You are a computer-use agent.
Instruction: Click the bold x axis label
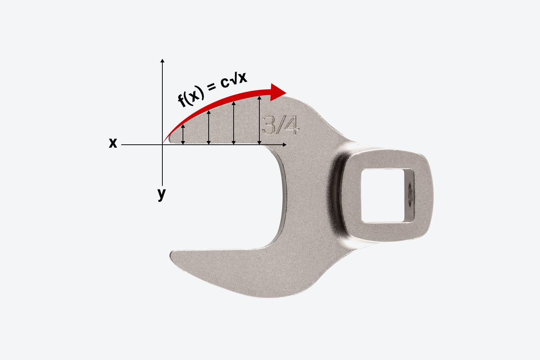pyautogui.click(x=113, y=143)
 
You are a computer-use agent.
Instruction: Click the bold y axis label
pyautogui.click(x=162, y=194)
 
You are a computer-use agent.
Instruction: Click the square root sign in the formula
pyautogui.click(x=233, y=80)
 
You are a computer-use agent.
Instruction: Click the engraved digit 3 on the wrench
pyautogui.click(x=269, y=125)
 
